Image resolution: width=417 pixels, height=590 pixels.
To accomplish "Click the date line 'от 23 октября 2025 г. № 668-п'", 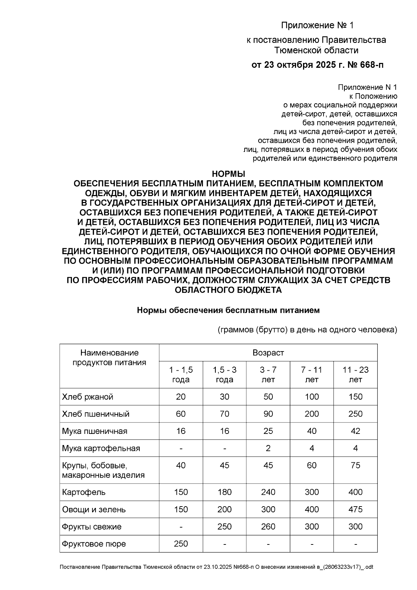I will [317, 65].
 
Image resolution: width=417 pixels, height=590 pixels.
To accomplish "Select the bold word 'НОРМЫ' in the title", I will [228, 173].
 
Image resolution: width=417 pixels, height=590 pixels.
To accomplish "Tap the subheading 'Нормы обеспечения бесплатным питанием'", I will [228, 310].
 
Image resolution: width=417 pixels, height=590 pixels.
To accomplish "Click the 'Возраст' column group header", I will [268, 353].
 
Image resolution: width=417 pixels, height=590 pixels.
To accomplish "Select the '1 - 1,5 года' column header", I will [181, 374].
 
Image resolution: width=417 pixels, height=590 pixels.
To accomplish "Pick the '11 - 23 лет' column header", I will [355, 374].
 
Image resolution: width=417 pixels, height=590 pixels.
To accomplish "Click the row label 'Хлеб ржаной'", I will [88, 397].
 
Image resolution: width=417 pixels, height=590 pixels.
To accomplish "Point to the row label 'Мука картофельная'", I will [101, 448].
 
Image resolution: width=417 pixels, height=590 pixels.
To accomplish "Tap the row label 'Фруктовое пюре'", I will [94, 544].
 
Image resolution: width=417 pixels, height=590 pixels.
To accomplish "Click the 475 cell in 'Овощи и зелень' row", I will [355, 509].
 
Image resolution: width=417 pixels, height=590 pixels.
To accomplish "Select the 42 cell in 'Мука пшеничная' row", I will [355, 431].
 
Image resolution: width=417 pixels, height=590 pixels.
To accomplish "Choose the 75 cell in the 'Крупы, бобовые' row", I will [355, 465].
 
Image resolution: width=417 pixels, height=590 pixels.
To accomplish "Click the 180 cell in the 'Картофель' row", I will [224, 492].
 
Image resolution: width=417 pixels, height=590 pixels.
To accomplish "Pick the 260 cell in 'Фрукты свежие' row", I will [268, 526].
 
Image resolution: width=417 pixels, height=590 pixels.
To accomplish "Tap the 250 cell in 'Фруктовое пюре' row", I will [181, 544].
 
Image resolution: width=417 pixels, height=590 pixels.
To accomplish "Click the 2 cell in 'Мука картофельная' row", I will [268, 448].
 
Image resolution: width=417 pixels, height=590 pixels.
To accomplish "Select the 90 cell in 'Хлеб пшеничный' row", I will [268, 414].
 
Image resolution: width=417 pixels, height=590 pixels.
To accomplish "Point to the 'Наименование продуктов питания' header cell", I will [109, 358].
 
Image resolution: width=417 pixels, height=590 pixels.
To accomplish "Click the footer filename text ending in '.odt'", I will [216, 567].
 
